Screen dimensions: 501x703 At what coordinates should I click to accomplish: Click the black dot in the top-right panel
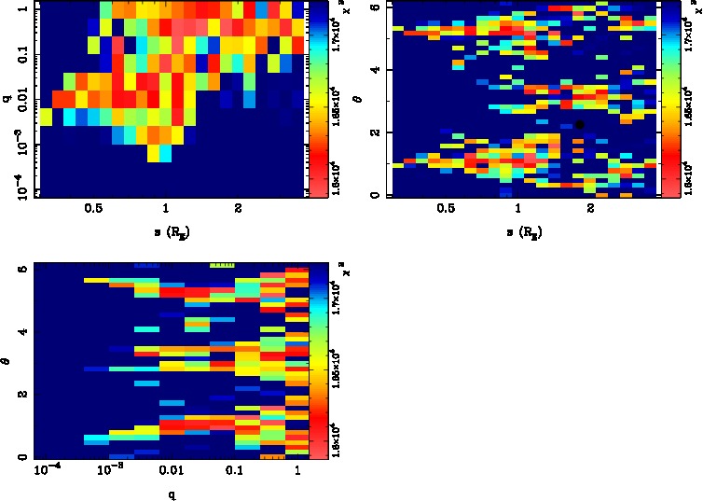pos(579,124)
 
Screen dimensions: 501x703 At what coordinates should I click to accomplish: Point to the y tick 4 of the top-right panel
pos(375,70)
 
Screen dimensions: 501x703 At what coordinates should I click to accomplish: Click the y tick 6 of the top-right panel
pos(375,7)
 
